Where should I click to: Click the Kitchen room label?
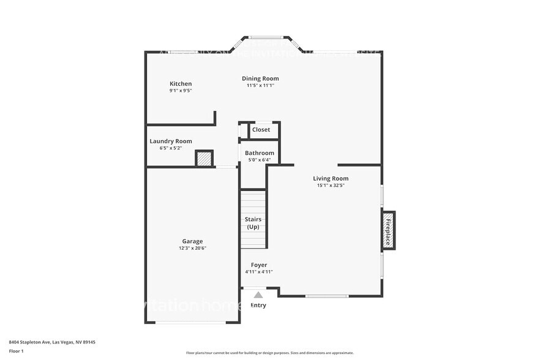tap(181, 84)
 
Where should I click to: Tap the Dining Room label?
tap(260, 78)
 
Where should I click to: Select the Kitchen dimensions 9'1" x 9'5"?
tap(181, 91)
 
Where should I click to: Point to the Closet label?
tap(261, 130)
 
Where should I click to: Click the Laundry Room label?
tap(171, 141)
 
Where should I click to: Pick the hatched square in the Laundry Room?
tap(204, 159)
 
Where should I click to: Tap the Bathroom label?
tap(260, 153)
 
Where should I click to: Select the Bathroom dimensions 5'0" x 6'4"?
tap(260, 160)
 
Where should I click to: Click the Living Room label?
tap(331, 179)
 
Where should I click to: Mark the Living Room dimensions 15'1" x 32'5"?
tap(331, 186)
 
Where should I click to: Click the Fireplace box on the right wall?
tap(388, 230)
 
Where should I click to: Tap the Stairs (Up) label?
tap(253, 223)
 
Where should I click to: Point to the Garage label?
tap(192, 241)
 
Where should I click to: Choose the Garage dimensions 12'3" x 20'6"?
tap(192, 248)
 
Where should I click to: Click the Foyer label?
tap(259, 265)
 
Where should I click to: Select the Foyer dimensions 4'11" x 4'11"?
tap(259, 272)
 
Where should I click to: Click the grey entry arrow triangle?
tap(258, 295)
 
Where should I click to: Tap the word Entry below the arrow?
tap(258, 306)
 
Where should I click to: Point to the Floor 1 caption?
tap(17, 351)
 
